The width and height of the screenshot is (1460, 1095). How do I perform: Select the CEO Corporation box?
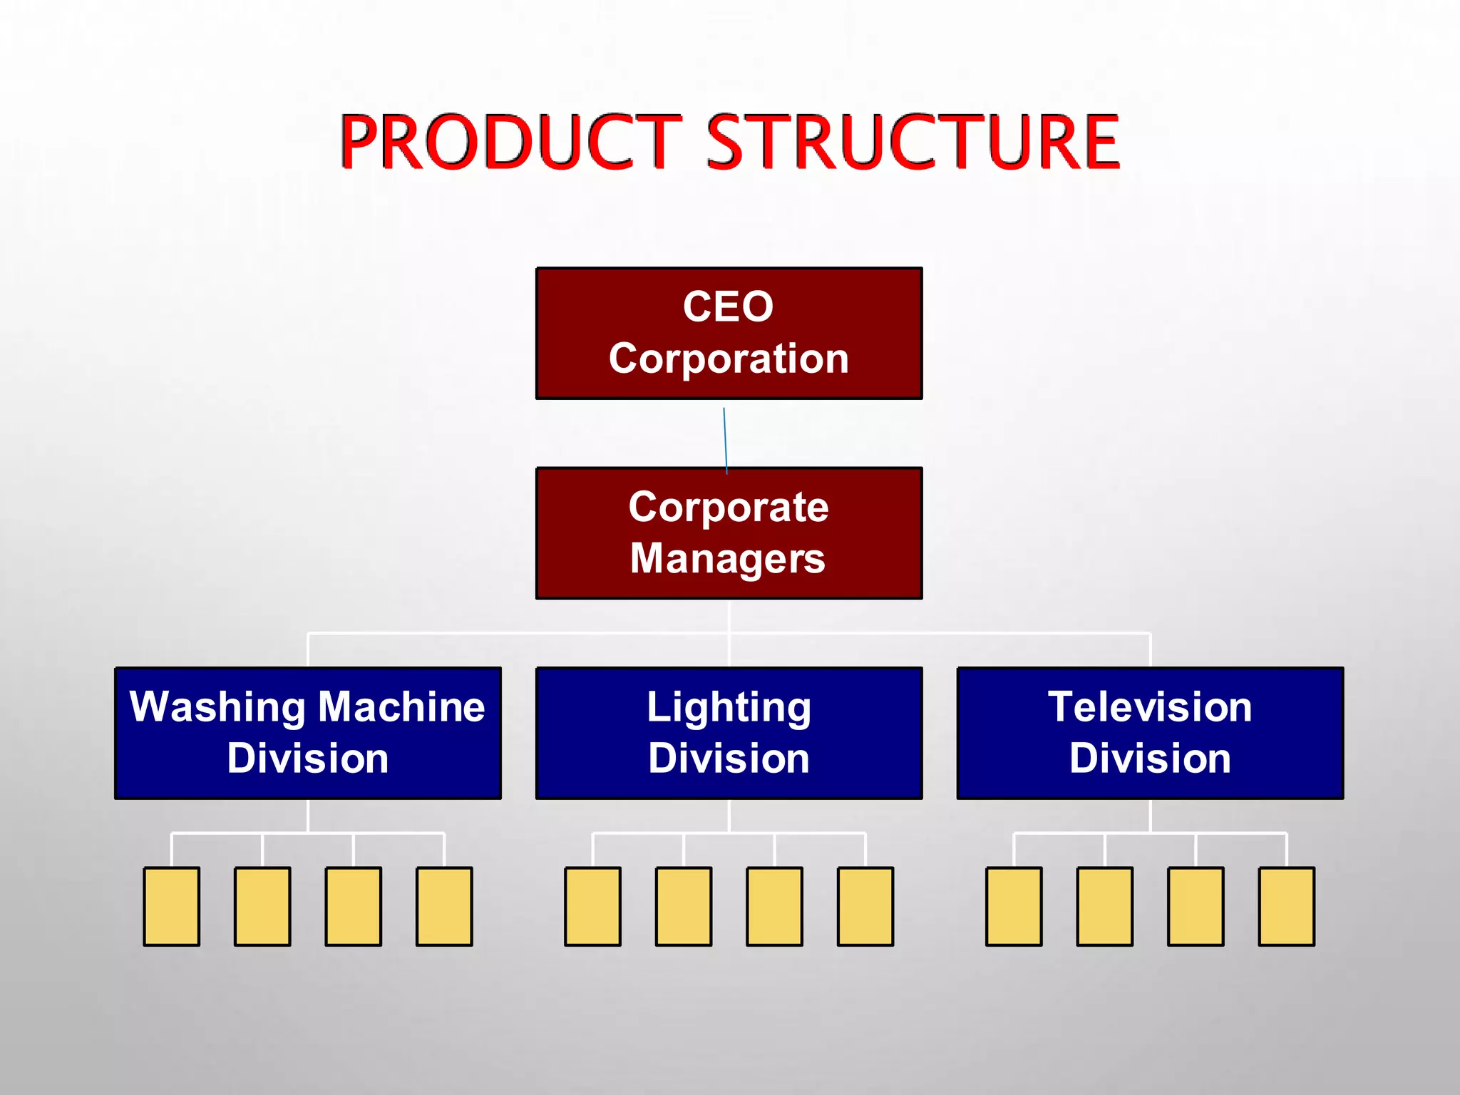729,333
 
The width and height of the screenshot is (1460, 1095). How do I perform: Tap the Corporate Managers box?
729,533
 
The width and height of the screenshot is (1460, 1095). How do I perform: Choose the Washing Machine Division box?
308,733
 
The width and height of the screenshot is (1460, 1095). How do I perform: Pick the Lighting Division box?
729,733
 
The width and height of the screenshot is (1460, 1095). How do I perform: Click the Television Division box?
1150,733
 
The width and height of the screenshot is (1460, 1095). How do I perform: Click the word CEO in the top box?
728,307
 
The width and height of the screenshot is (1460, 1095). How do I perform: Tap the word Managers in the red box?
728,559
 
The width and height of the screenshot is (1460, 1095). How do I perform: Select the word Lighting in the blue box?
729,708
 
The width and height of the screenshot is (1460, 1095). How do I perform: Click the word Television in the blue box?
1150,707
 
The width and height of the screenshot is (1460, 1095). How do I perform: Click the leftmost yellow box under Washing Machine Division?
172,906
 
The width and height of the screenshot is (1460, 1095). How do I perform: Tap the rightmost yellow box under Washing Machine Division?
444,906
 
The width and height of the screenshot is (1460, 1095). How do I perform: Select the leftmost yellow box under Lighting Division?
592,906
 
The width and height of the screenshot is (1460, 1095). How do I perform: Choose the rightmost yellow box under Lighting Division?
865,906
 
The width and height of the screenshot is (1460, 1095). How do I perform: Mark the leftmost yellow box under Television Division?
1014,906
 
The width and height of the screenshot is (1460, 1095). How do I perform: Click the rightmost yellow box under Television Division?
1286,906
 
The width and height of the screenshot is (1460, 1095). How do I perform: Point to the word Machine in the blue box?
401,707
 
